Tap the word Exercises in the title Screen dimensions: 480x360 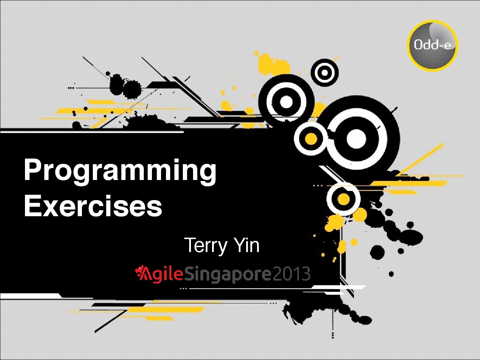(93, 205)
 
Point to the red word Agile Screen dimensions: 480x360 (159, 275)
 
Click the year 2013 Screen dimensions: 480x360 (292, 274)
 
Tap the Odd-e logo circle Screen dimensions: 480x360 (433, 45)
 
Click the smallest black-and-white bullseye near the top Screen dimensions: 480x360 (325, 72)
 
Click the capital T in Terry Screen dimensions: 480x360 (190, 245)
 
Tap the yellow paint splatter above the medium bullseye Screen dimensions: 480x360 (273, 63)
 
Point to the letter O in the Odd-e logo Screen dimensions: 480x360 (417, 45)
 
